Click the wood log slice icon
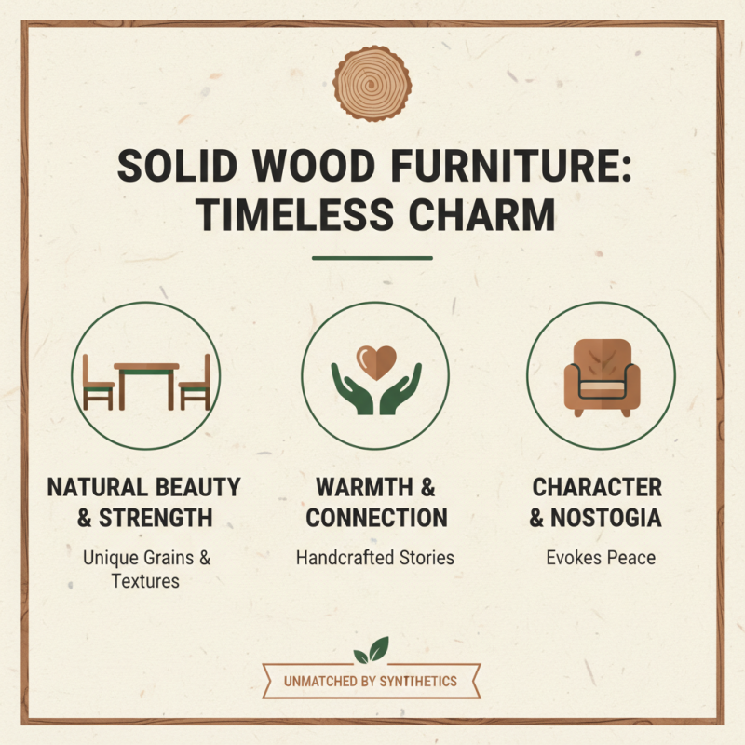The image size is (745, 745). point(372,82)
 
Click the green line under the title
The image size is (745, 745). point(372,258)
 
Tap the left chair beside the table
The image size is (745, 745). point(98,382)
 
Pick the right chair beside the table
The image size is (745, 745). point(196,382)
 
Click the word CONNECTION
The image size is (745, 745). point(376,517)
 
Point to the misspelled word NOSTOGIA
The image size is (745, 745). point(609,517)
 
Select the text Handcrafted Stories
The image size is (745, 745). point(375,558)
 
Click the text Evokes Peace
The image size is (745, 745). point(601,558)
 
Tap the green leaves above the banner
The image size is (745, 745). point(372,649)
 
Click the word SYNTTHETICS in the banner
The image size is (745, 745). point(418,681)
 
